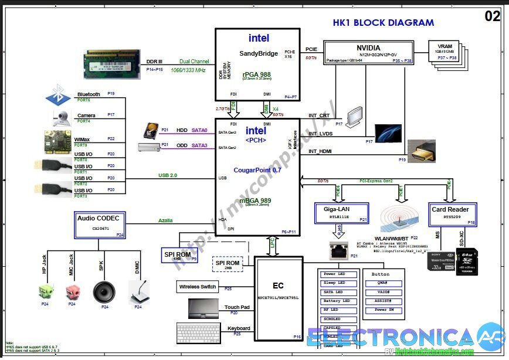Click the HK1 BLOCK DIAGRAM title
(384, 23)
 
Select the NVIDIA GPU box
(368, 52)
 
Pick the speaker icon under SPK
(104, 291)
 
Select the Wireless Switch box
(197, 287)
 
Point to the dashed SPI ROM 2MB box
(228, 265)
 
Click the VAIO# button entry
(384, 291)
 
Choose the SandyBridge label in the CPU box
(259, 53)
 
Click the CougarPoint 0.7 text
(258, 170)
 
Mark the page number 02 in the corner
(493, 16)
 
